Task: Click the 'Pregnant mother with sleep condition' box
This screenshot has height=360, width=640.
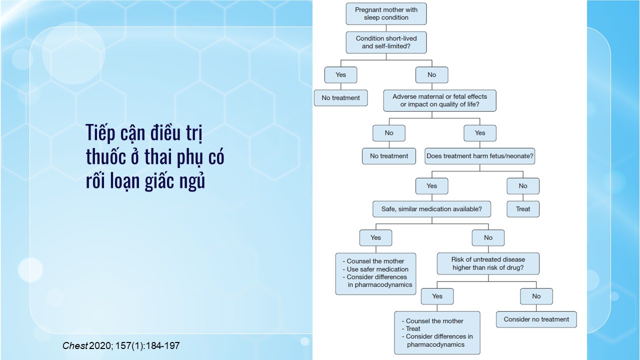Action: tap(386, 13)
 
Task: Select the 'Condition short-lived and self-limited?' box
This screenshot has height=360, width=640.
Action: tap(386, 42)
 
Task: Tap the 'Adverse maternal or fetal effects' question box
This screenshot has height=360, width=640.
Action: tap(439, 100)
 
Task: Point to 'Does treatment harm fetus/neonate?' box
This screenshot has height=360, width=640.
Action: tap(479, 156)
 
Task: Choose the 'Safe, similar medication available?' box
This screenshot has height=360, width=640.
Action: tap(431, 209)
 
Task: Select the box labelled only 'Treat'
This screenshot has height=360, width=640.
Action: tap(523, 209)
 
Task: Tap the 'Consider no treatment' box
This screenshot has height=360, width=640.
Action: tap(536, 319)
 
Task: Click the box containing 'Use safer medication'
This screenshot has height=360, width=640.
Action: tap(375, 273)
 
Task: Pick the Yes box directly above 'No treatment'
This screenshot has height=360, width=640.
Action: tap(340, 75)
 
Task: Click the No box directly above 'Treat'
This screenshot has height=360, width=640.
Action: tap(523, 186)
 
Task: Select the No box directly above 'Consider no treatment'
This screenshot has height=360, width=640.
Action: tap(536, 296)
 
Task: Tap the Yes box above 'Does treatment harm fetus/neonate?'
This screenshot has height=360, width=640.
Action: tap(479, 133)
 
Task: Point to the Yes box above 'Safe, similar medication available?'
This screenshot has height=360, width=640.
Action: tap(431, 186)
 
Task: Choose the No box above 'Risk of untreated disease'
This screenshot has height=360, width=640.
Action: tap(488, 237)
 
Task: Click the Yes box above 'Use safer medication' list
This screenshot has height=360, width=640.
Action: tap(375, 237)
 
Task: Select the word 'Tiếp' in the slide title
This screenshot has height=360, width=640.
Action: tap(99, 134)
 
